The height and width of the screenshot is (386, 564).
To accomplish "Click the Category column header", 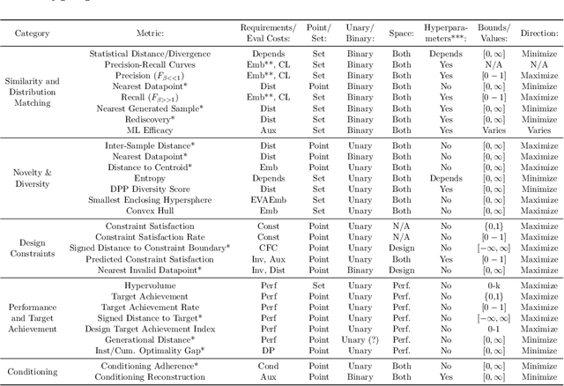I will [x=33, y=33].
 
